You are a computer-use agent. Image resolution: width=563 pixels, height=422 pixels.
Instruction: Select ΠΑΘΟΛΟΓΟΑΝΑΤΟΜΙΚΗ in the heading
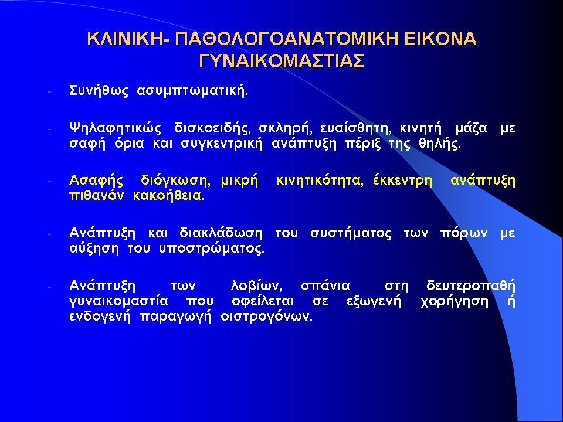pos(286,39)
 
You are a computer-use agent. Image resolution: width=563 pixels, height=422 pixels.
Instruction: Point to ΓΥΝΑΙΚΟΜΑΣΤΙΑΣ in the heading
pos(281,60)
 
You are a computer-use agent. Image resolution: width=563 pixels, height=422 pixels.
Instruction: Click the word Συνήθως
pos(99,90)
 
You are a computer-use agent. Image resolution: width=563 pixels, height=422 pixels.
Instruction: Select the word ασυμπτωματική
pos(192,91)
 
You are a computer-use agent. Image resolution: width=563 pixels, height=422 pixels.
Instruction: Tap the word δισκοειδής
pos(211,128)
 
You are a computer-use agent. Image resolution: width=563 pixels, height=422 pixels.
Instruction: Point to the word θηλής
pos(440,144)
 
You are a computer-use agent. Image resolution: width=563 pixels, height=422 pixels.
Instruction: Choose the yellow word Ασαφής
pos(96,181)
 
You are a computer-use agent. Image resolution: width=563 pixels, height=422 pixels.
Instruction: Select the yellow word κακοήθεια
pos(168,196)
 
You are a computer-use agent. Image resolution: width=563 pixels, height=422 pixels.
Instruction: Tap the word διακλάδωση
pos(221,233)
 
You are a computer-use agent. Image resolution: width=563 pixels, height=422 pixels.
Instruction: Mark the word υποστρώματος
pos(212,249)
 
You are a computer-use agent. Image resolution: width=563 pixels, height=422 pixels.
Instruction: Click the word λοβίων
pos(256,286)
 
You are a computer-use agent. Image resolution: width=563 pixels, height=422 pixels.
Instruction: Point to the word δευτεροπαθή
pos(471,286)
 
